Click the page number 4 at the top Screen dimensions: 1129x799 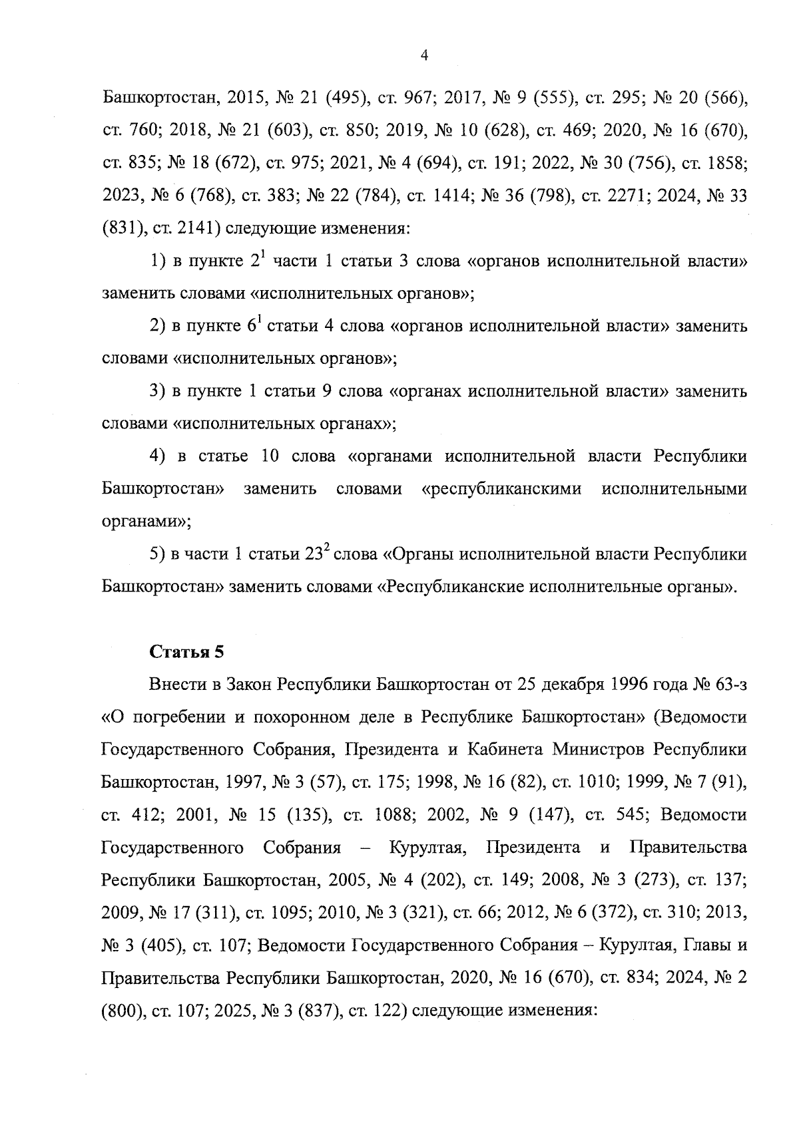click(x=425, y=56)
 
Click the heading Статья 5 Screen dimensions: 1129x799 click(x=186, y=652)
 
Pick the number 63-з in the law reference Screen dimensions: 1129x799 click(x=725, y=685)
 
